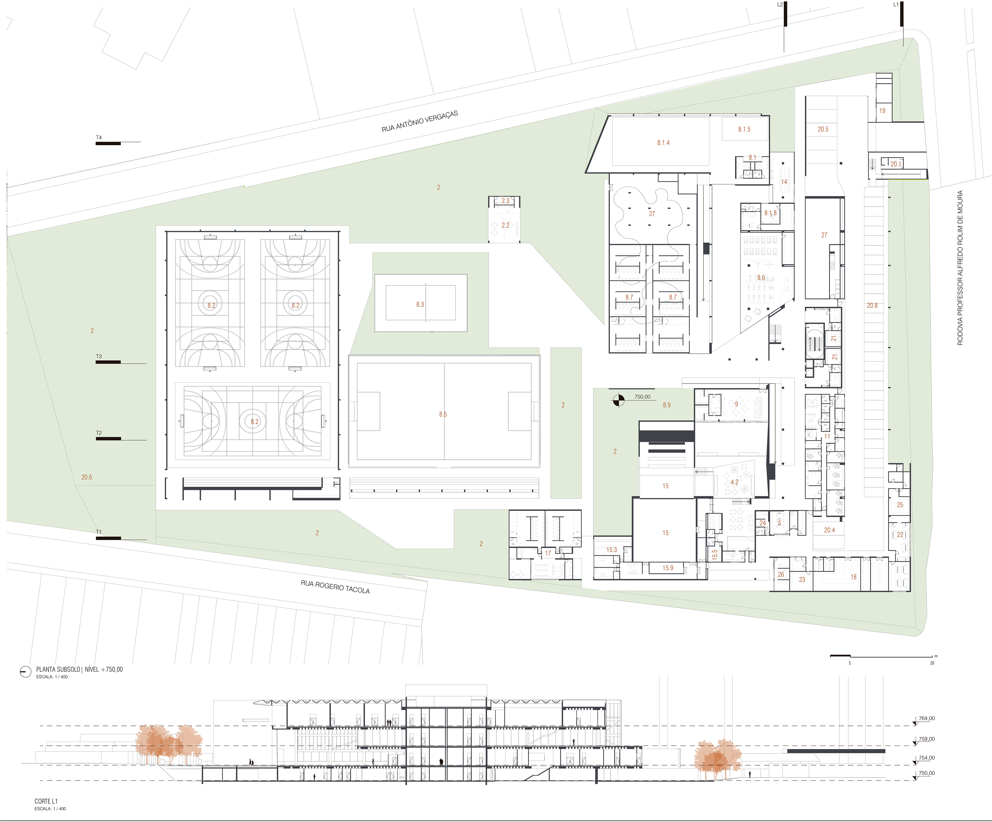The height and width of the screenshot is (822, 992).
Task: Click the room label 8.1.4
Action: point(663,143)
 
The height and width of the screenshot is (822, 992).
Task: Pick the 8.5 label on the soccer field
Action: point(443,414)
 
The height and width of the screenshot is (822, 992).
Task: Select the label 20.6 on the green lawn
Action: point(87,477)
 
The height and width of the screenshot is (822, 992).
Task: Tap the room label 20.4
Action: point(829,530)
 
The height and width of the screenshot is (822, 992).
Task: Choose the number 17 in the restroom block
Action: point(548,553)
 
